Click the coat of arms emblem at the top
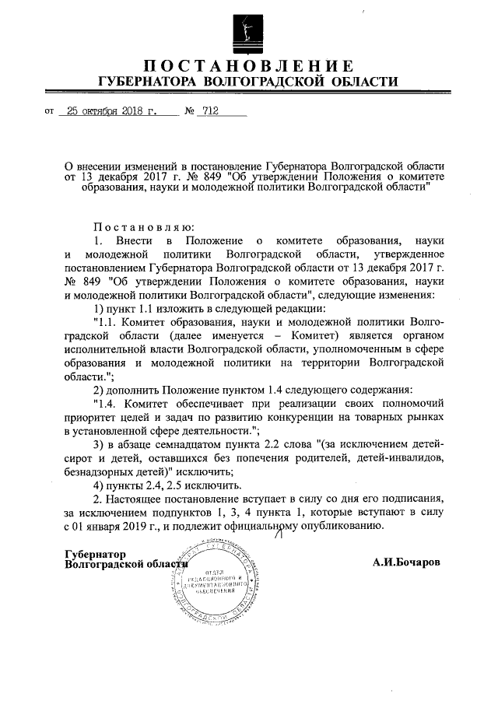248,30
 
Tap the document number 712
209,111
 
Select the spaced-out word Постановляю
137,227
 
